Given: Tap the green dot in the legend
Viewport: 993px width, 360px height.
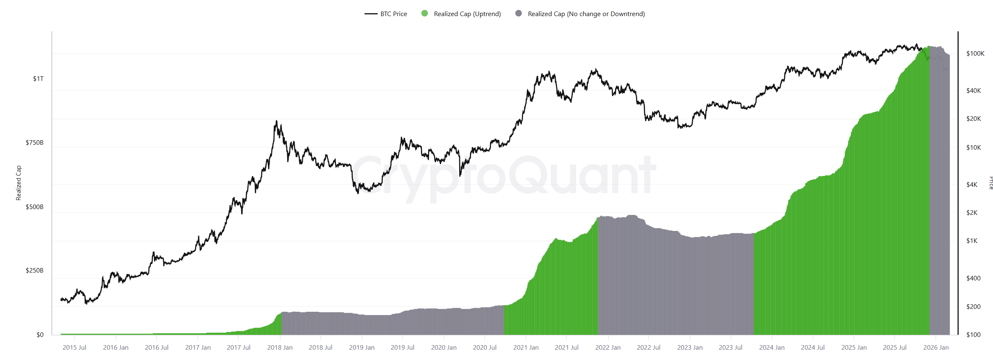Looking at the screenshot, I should [x=425, y=14].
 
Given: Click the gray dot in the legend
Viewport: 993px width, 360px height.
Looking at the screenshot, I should [x=519, y=14].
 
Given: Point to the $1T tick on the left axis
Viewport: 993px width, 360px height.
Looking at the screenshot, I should [x=38, y=79].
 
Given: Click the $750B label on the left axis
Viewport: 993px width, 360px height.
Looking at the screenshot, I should [x=35, y=143].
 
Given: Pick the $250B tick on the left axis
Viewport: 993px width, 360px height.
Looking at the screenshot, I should [x=35, y=271].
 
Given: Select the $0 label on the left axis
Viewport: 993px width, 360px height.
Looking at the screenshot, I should [x=40, y=335].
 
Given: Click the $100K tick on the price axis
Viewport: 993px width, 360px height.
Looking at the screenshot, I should [x=975, y=54].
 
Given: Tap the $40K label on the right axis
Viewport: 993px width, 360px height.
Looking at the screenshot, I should [x=974, y=91].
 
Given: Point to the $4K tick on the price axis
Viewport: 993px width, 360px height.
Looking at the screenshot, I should [x=972, y=185].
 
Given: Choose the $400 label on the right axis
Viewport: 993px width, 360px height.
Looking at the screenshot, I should [x=973, y=278].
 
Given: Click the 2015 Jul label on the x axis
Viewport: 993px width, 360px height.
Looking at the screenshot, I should [x=75, y=348].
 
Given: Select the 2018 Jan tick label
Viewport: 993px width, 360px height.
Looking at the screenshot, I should [x=280, y=348].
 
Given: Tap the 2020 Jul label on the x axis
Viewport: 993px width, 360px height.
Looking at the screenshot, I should [x=485, y=348].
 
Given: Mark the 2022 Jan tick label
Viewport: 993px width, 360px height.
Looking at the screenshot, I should [x=608, y=348].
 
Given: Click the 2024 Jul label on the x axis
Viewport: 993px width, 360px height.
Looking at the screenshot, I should [x=813, y=348].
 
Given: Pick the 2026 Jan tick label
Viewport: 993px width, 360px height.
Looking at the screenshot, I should [x=936, y=348].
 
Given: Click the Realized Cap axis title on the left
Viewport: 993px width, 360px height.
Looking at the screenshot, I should [x=19, y=183].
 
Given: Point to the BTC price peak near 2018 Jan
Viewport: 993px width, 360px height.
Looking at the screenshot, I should [x=276, y=121].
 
